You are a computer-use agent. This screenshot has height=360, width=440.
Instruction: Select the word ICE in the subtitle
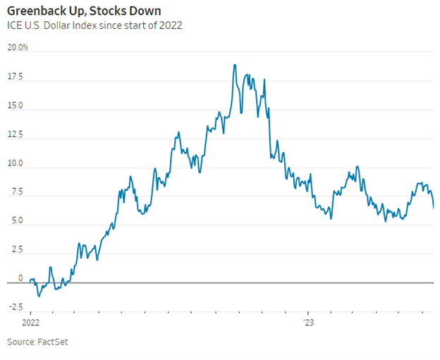[15, 26]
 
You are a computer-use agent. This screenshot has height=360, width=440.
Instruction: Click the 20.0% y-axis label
[18, 47]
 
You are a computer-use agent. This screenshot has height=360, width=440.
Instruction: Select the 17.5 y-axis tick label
[16, 76]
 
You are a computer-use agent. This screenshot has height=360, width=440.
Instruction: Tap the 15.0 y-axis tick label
[16, 106]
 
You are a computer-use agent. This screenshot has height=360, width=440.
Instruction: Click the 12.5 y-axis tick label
[16, 135]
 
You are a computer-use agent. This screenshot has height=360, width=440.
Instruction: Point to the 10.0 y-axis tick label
[16, 163]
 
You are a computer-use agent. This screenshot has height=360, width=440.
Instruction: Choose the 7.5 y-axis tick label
[17, 192]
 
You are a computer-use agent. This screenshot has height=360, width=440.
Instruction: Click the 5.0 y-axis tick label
[17, 221]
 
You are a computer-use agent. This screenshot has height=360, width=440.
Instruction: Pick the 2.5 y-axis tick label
[17, 250]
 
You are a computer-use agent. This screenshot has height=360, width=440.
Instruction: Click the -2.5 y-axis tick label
[16, 308]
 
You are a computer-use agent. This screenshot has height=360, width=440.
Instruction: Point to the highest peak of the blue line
[233, 65]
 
